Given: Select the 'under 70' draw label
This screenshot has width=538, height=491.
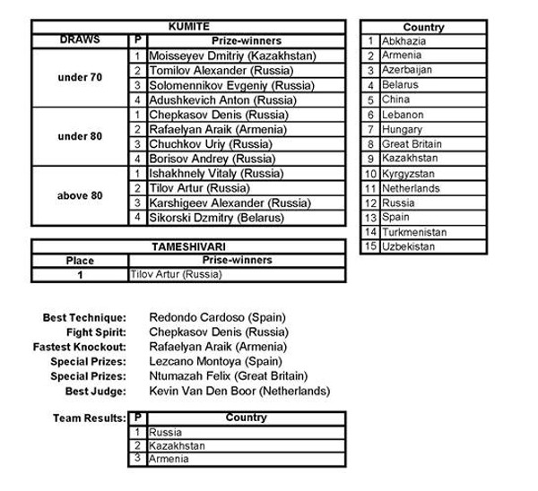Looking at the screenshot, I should [x=79, y=78].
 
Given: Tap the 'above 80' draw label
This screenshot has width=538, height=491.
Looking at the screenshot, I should [x=79, y=195].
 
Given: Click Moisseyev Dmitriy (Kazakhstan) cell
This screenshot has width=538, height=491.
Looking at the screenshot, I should [x=230, y=56].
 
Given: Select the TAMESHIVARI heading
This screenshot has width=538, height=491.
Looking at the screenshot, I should [x=189, y=245].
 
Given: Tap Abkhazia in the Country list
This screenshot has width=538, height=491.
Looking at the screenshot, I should [x=404, y=40].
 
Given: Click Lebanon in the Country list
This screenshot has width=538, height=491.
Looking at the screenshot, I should [x=402, y=115].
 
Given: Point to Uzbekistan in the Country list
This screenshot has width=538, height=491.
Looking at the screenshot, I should [x=408, y=246].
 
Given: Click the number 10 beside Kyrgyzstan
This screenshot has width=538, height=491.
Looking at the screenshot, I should [x=369, y=173].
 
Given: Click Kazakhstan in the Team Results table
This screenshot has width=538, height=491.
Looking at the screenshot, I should [x=178, y=445].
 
